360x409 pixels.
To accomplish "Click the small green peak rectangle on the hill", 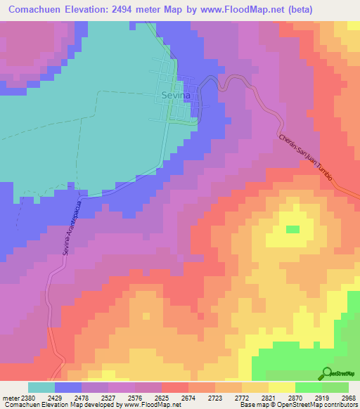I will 292,229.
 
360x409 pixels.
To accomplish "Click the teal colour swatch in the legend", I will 41,387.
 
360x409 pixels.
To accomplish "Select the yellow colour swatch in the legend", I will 281,387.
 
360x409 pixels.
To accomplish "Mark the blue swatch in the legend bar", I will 68,387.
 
